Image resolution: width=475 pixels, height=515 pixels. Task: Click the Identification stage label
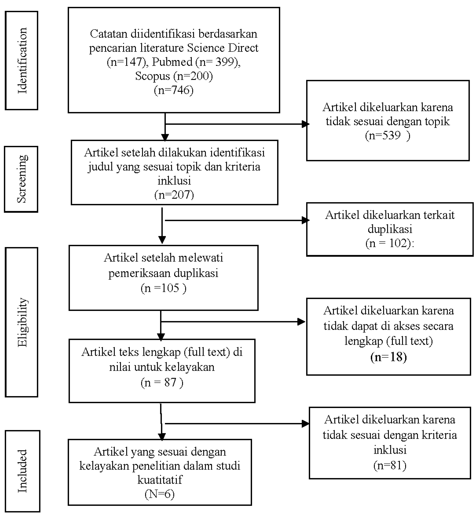pos(22,61)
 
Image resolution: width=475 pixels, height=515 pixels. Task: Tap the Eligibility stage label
pos(22,322)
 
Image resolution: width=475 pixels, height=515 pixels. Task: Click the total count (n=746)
pos(174,90)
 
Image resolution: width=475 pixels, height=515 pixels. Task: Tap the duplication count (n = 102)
pos(389,243)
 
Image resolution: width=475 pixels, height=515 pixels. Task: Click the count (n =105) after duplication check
pos(163,288)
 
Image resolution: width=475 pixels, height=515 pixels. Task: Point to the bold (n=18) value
pos(388,357)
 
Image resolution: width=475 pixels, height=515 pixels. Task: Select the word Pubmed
pos(172,62)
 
